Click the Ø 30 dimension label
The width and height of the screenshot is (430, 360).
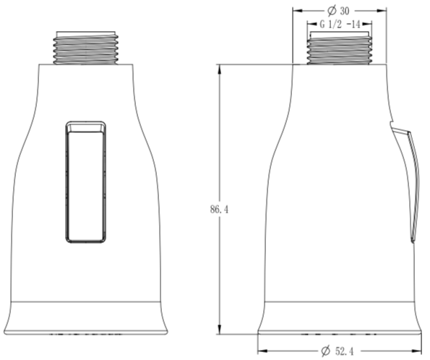pyautogui.click(x=339, y=11)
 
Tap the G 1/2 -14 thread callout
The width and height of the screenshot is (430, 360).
pyautogui.click(x=340, y=25)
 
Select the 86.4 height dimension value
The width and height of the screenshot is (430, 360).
pyautogui.click(x=219, y=210)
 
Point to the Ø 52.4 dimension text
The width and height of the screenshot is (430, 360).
pyautogui.click(x=337, y=351)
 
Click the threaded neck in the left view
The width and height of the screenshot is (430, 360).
pyautogui.click(x=85, y=48)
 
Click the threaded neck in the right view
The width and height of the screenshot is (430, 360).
pyautogui.click(x=340, y=48)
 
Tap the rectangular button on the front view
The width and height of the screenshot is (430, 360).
pyautogui.click(x=86, y=182)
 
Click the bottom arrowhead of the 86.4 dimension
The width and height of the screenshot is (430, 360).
pyautogui.click(x=219, y=329)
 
